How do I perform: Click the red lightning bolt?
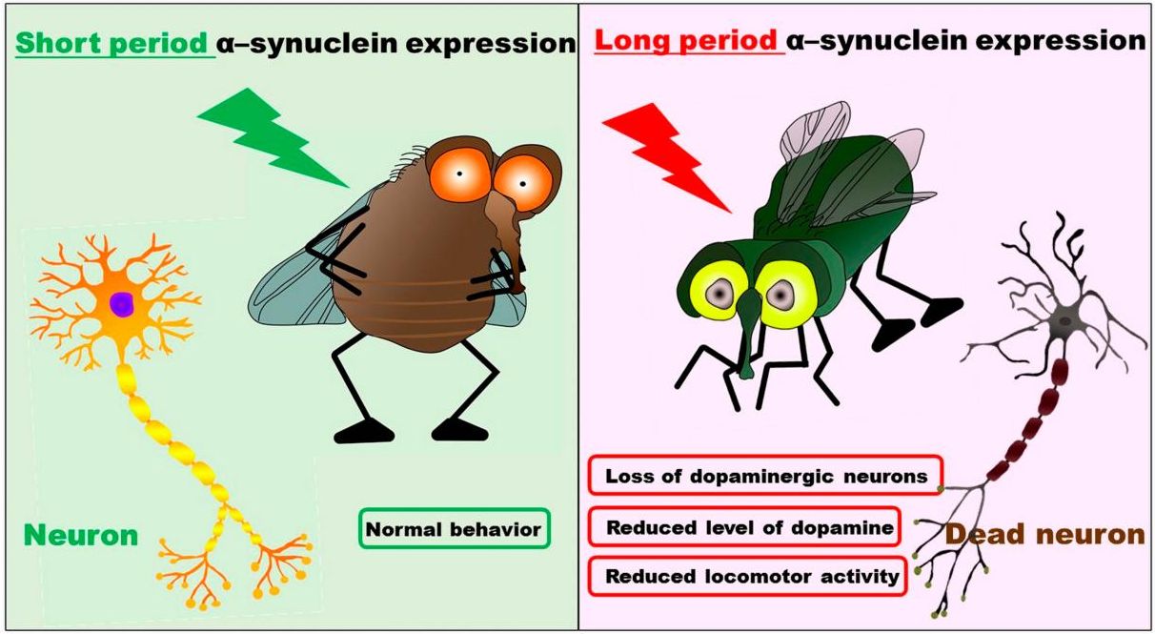tap(665, 154)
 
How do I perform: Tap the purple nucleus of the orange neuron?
tap(121, 303)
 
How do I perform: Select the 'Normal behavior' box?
tap(455, 529)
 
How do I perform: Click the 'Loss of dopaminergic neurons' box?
tap(765, 475)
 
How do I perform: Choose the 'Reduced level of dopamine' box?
tap(744, 526)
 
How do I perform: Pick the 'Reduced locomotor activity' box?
tap(747, 576)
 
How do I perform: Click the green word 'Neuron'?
tap(81, 536)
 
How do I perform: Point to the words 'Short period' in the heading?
tap(111, 43)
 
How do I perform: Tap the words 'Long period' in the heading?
tap(686, 40)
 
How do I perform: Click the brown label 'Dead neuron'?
tap(1045, 535)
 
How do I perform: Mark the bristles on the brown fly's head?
tap(410, 162)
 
